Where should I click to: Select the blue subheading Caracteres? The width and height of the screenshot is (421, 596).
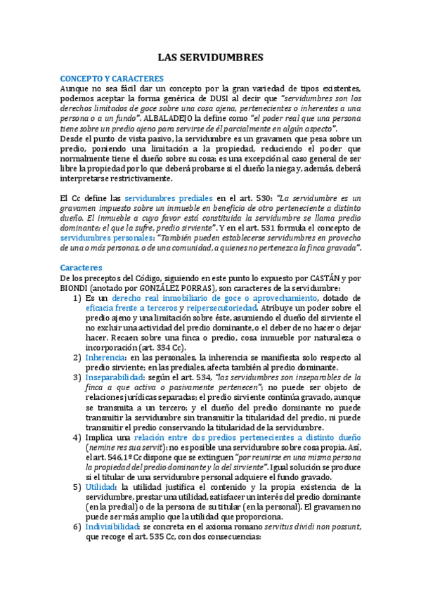click(81, 268)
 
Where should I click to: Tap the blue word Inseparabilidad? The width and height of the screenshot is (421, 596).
click(118, 377)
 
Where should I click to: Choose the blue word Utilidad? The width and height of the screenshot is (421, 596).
click(101, 486)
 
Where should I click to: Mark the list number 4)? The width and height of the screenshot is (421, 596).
click(79, 436)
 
